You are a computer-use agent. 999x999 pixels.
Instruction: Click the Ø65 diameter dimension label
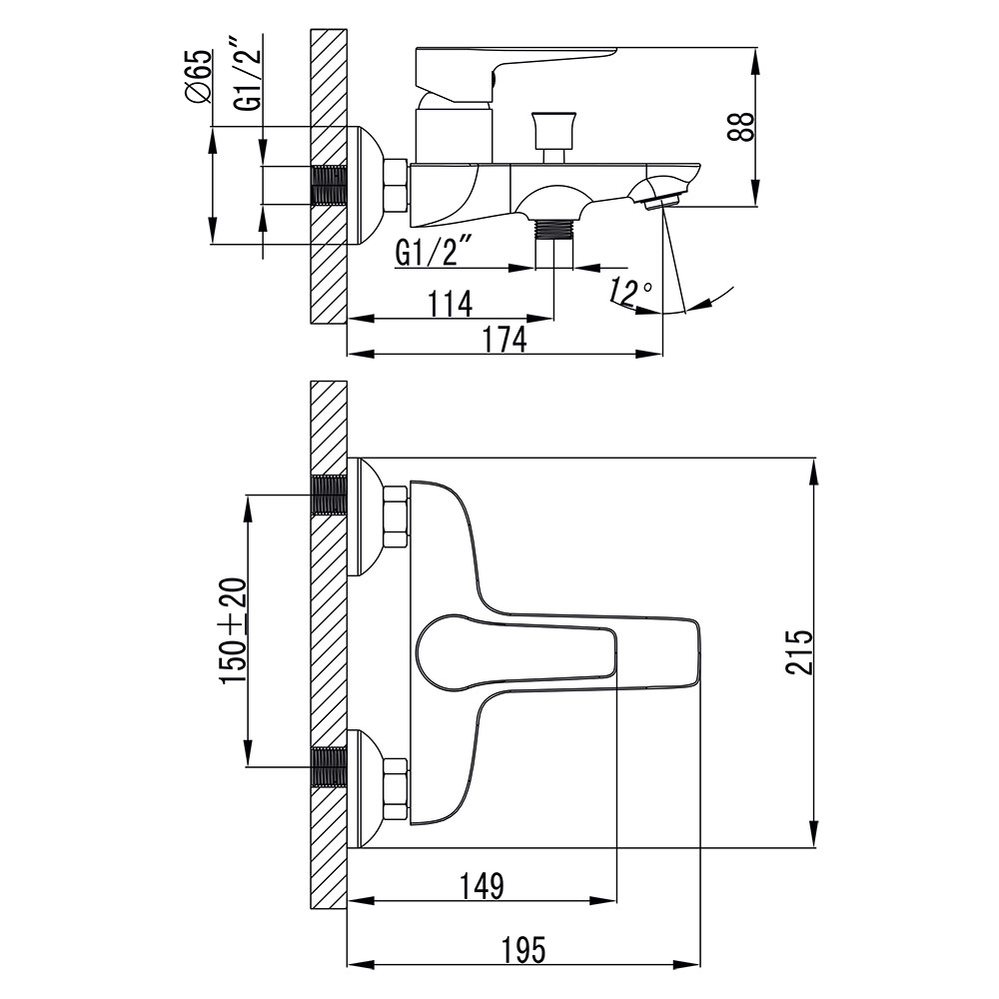point(199,76)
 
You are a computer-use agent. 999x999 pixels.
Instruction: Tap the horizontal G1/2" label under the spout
point(433,253)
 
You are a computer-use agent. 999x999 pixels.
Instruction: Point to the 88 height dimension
point(740,127)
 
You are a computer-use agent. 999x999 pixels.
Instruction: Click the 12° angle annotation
point(630,292)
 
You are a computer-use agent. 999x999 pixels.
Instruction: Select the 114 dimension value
point(450,303)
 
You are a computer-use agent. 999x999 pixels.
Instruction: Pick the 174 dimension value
point(504,340)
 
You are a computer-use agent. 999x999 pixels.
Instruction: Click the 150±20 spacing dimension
point(234,630)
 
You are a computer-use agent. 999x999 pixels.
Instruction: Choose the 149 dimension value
point(483,884)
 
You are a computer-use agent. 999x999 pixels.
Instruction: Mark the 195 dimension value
point(523,950)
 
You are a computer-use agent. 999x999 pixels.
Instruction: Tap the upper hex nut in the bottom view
point(396,516)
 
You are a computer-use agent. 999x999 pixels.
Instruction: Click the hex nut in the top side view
point(396,185)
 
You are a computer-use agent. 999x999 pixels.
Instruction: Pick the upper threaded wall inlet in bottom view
point(329,495)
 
